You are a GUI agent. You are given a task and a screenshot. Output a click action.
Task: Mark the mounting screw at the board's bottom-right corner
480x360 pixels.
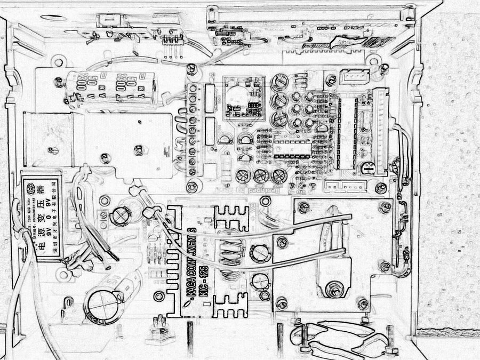point(381,188)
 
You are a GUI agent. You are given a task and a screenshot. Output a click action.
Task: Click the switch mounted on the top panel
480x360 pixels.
point(114,21)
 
